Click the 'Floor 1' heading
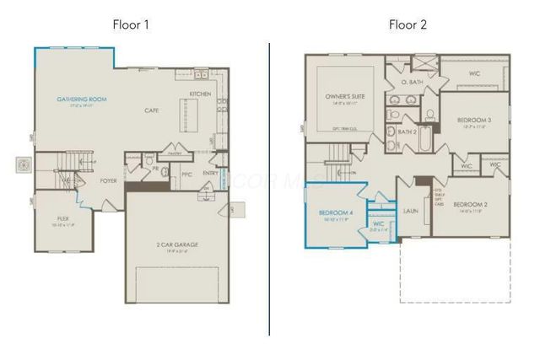tap(131, 24)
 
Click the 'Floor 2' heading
tap(408, 24)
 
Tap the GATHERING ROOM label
tap(79, 100)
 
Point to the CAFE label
tap(152, 110)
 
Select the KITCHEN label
tap(200, 94)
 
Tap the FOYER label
tap(109, 180)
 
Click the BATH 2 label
tap(408, 132)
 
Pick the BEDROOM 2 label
tap(470, 205)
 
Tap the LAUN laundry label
tap(411, 211)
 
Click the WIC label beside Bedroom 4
tap(379, 224)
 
